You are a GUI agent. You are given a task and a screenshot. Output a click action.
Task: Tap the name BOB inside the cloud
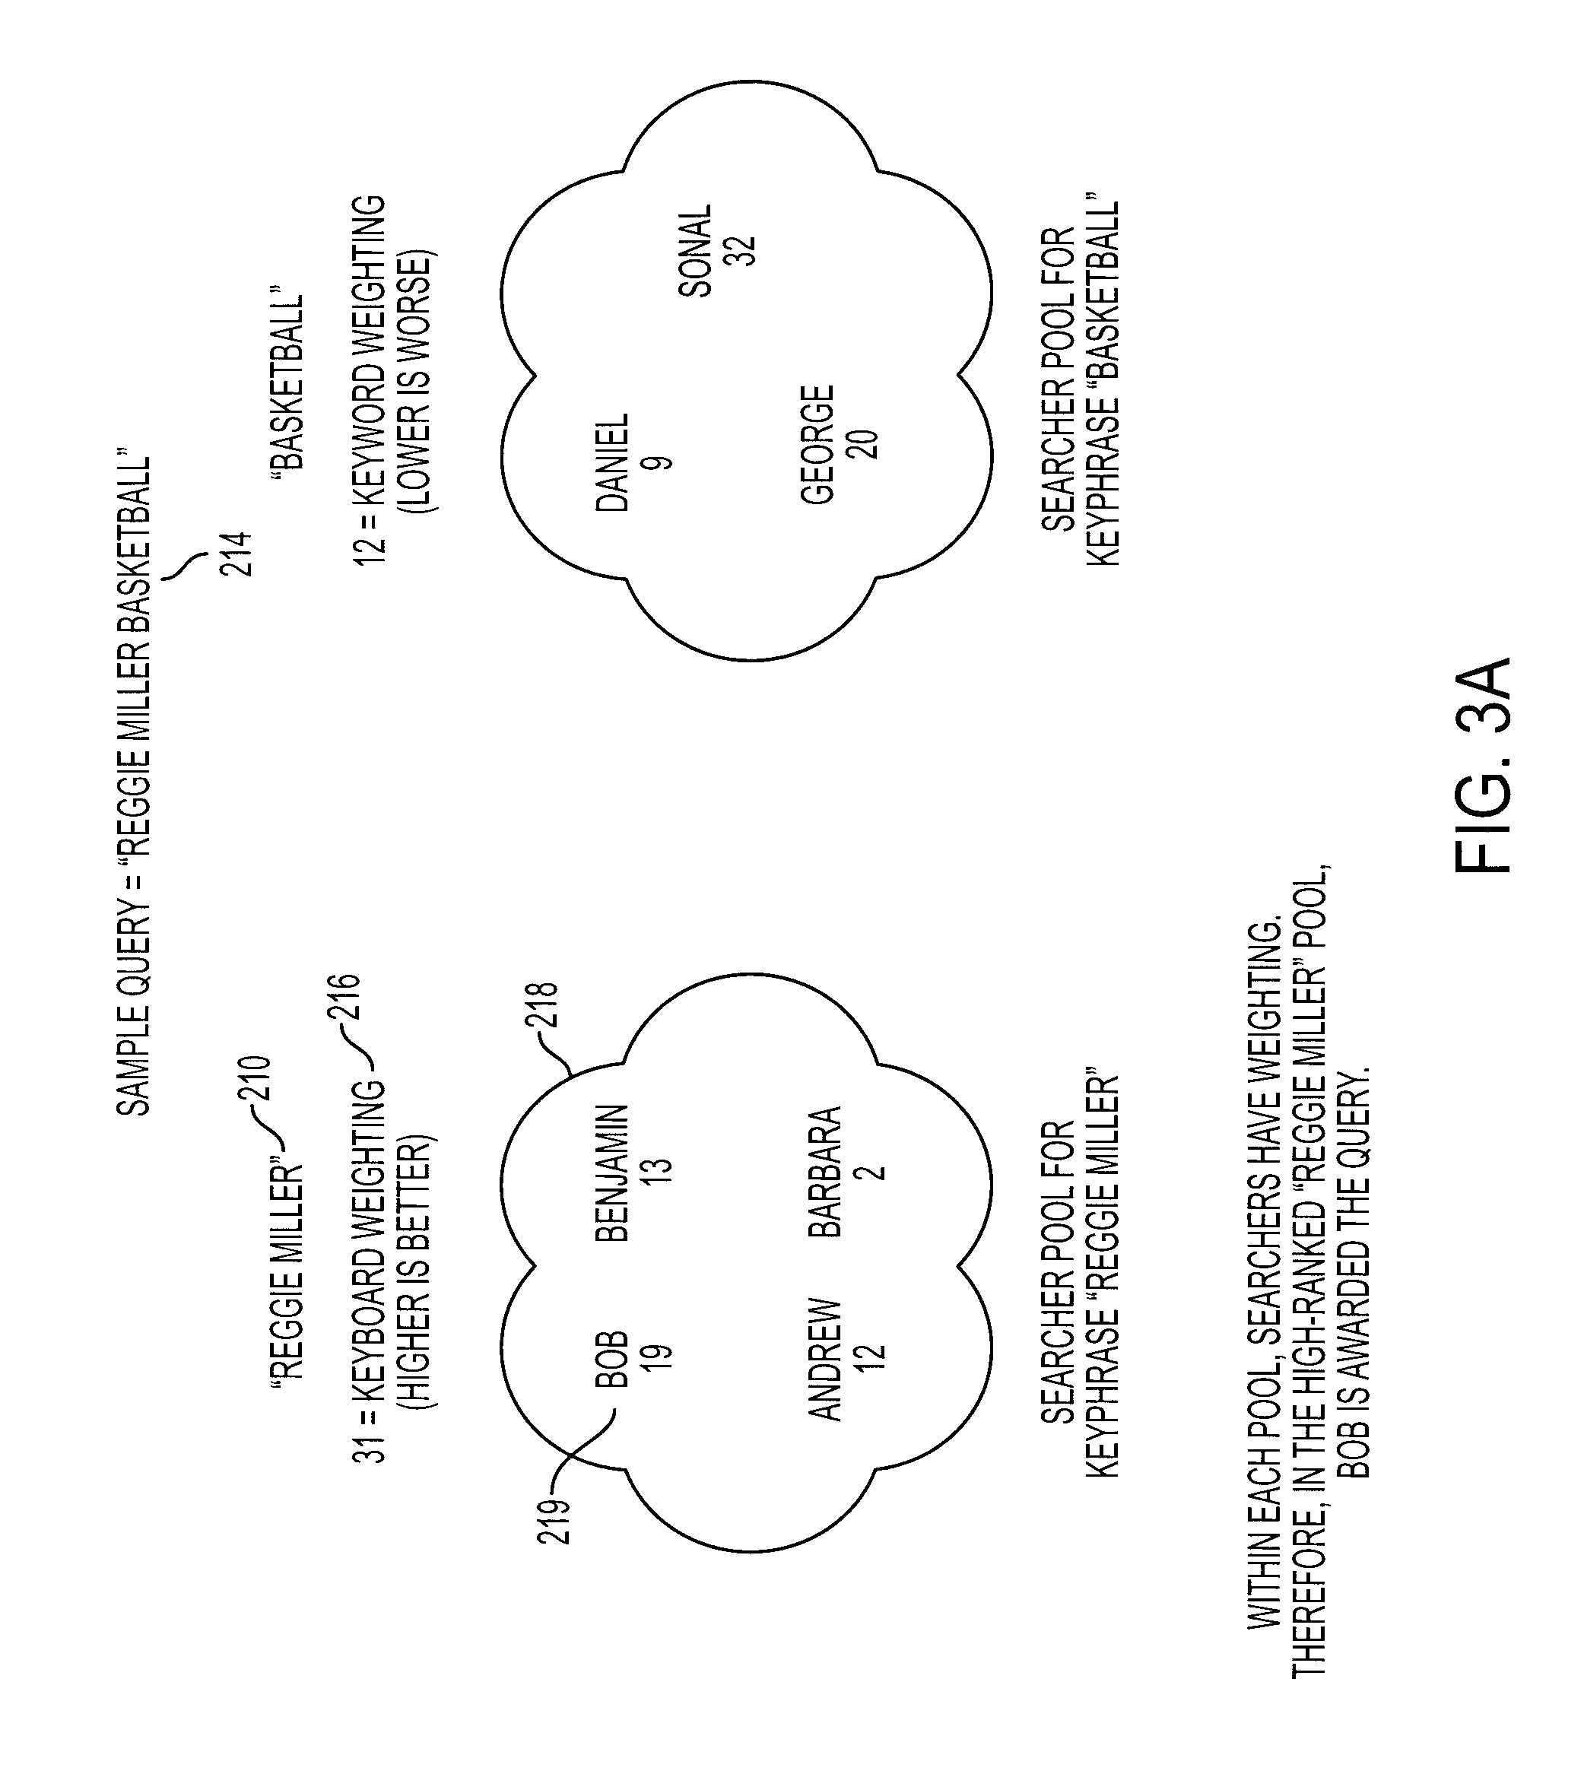pyautogui.click(x=611, y=1359)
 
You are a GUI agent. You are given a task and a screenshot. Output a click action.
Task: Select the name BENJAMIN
pyautogui.click(x=611, y=1173)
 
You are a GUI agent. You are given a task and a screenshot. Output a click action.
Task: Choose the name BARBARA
pyautogui.click(x=825, y=1172)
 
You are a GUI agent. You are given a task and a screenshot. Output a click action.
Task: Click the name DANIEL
pyautogui.click(x=611, y=462)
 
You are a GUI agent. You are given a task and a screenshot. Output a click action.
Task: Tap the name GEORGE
pyautogui.click(x=818, y=445)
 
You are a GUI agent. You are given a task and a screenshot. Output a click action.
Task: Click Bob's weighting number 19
pyautogui.click(x=659, y=1359)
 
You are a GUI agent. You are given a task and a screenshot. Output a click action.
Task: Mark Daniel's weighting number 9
pyautogui.click(x=661, y=462)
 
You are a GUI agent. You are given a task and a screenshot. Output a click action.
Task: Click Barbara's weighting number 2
pyautogui.click(x=873, y=1172)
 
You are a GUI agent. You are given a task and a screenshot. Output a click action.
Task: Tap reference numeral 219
pyautogui.click(x=554, y=1521)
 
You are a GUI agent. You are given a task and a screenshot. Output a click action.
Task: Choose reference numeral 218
pyautogui.click(x=541, y=1005)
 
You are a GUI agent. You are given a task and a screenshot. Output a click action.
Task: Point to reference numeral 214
pyautogui.click(x=236, y=554)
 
